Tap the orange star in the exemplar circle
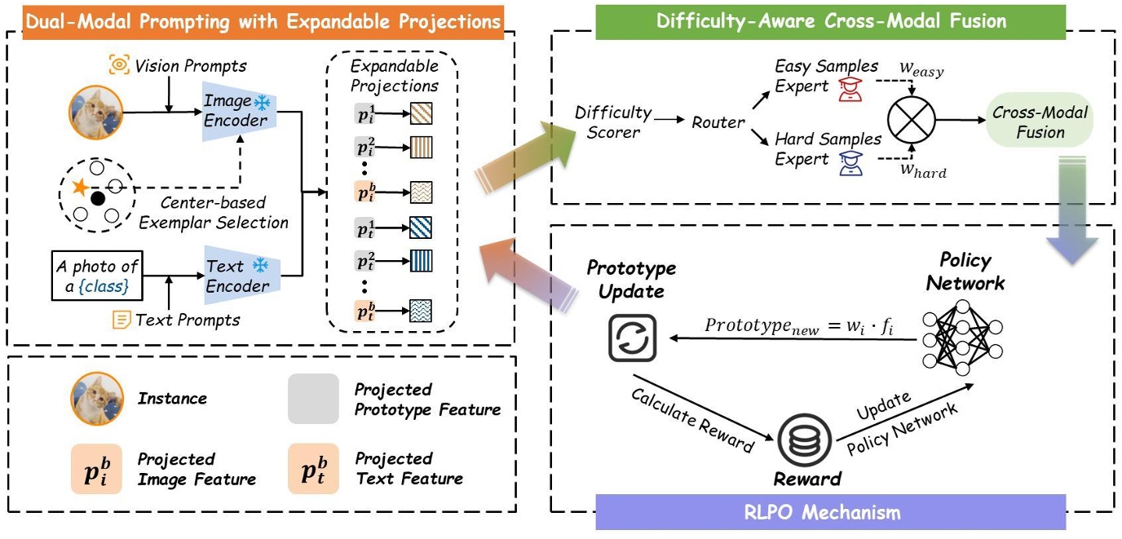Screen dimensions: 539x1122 click(x=80, y=187)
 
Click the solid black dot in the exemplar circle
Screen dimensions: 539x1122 click(x=99, y=198)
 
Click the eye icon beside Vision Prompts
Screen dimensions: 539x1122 click(x=120, y=65)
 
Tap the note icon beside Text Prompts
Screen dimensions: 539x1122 click(x=121, y=320)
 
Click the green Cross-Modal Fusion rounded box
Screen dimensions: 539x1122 click(x=1040, y=122)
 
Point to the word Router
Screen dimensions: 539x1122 click(x=718, y=123)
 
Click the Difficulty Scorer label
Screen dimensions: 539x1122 click(x=613, y=121)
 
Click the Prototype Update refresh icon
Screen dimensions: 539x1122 click(x=633, y=338)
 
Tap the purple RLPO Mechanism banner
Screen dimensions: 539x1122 click(x=830, y=512)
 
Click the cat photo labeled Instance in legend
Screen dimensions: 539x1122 click(x=96, y=399)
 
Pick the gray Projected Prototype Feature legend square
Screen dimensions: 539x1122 click(x=313, y=399)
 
